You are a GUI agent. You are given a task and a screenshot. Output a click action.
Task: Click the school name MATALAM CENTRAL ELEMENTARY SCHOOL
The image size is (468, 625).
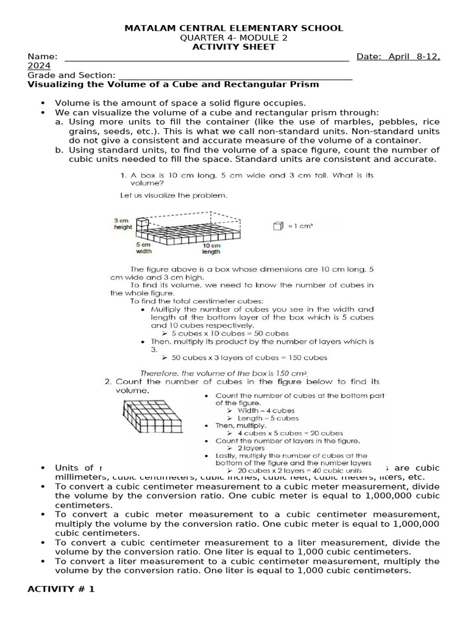[x=234, y=28]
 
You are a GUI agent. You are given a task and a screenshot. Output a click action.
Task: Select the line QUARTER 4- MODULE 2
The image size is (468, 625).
[x=234, y=38]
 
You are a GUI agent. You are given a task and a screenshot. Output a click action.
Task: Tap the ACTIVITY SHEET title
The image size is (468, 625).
[x=234, y=47]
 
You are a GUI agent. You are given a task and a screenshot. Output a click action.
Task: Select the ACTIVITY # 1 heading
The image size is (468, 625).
[x=61, y=590]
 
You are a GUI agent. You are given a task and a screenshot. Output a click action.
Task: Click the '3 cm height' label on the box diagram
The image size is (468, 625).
[x=122, y=223]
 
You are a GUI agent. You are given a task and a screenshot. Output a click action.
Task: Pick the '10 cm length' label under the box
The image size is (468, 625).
[x=211, y=248]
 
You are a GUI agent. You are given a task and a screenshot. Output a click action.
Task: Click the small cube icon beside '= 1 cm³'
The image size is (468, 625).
[x=278, y=226]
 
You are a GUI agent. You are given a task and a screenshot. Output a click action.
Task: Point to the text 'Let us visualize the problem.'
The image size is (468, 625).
[x=174, y=196]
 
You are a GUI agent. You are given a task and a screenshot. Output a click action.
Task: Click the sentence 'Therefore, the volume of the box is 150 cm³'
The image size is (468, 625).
[x=224, y=372]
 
